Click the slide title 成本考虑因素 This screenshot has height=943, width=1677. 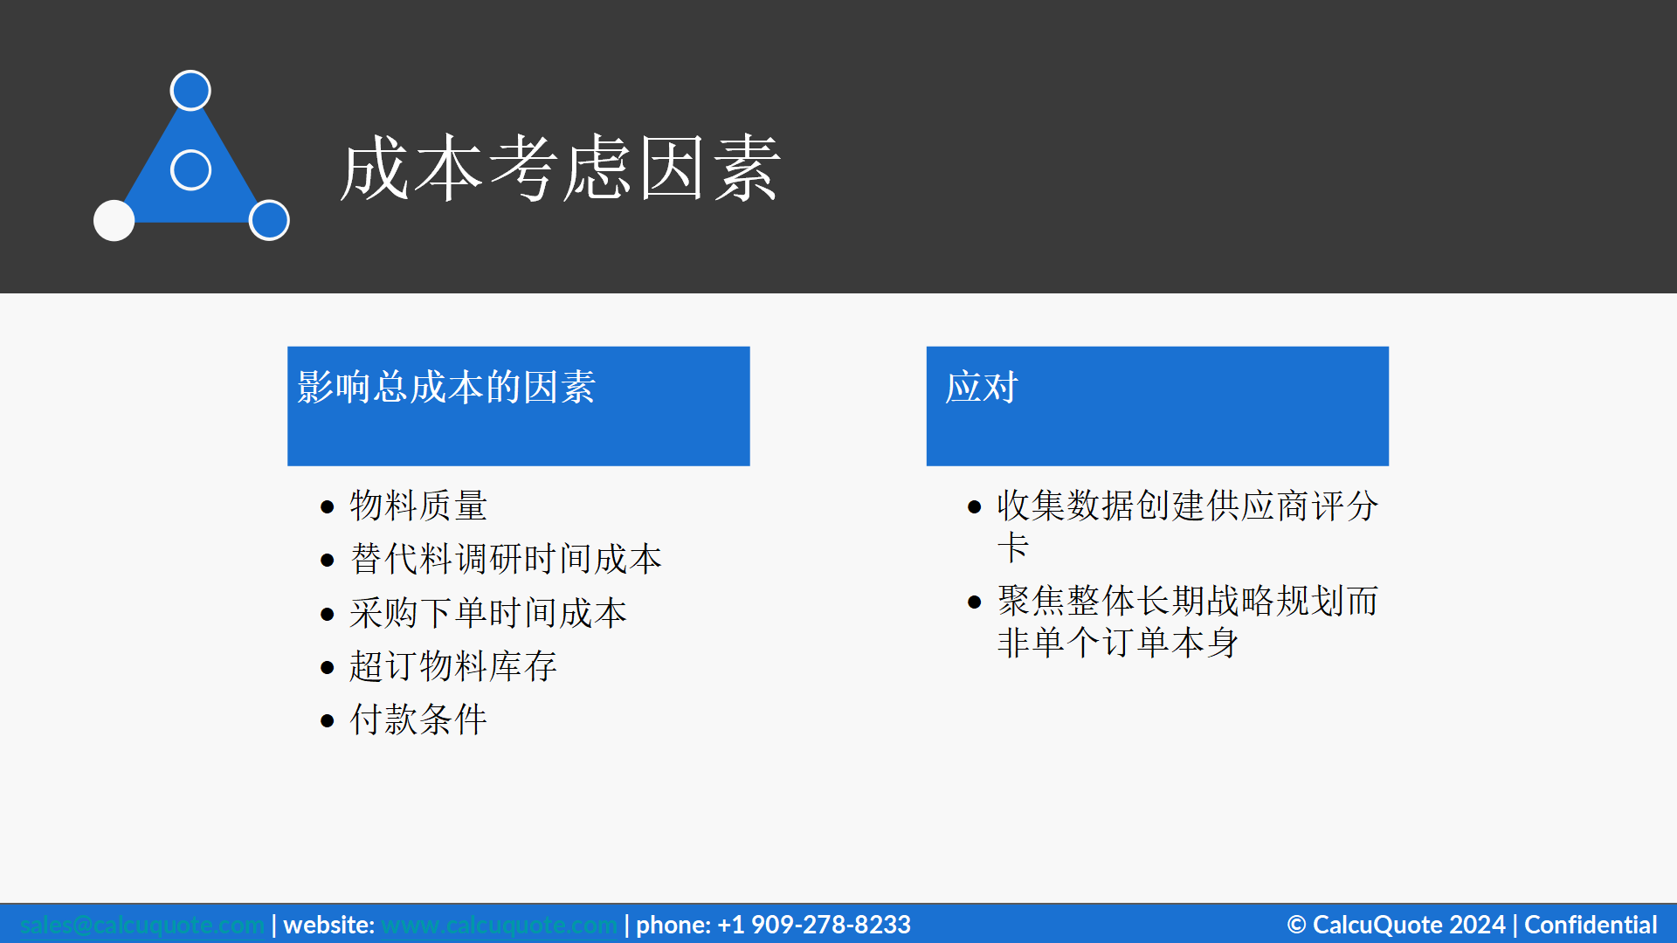(560, 168)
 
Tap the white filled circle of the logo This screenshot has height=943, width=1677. (114, 220)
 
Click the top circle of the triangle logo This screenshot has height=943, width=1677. (190, 90)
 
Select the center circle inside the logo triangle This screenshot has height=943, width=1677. (190, 169)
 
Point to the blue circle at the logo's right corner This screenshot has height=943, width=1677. (269, 220)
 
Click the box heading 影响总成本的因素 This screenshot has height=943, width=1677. (445, 387)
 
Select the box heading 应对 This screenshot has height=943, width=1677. (982, 387)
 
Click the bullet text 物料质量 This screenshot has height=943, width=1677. (418, 506)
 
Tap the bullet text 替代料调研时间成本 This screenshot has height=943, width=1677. (506, 559)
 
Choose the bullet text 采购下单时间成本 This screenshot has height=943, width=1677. (488, 613)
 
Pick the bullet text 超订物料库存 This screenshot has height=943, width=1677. (452, 666)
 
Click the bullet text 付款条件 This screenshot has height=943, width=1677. (418, 719)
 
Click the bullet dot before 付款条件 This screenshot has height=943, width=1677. (328, 721)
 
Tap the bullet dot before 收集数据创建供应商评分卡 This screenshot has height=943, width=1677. (975, 507)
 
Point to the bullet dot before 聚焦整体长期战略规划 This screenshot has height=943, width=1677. (975, 602)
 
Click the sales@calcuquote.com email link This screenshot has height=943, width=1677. (141, 925)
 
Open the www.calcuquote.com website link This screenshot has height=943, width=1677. (499, 925)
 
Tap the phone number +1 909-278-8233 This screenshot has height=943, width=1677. (813, 925)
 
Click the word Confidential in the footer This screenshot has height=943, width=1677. (1591, 925)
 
